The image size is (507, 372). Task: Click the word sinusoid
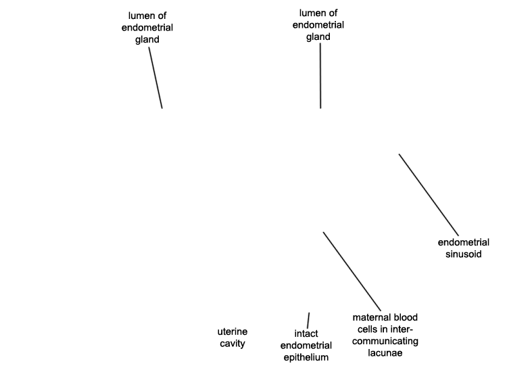click(x=463, y=254)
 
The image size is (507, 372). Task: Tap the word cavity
click(x=232, y=344)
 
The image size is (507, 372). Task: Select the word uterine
click(x=232, y=331)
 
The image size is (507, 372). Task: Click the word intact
click(x=306, y=333)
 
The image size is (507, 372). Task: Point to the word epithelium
click(x=306, y=357)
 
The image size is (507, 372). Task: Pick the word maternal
click(x=368, y=317)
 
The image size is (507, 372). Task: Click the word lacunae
click(x=385, y=352)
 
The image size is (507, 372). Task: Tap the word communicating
click(x=385, y=341)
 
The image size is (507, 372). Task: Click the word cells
click(x=367, y=329)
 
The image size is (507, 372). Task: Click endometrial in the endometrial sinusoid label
click(x=463, y=242)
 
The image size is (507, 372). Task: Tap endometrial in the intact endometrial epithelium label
click(x=306, y=346)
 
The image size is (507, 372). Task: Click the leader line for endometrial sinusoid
click(x=429, y=195)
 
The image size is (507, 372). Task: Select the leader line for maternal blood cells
click(x=352, y=271)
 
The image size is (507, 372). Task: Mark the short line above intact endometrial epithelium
click(x=308, y=320)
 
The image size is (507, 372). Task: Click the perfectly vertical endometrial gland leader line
click(x=320, y=76)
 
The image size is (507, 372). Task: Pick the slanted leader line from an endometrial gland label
click(x=155, y=78)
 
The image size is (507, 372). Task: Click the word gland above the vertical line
click(x=318, y=37)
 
